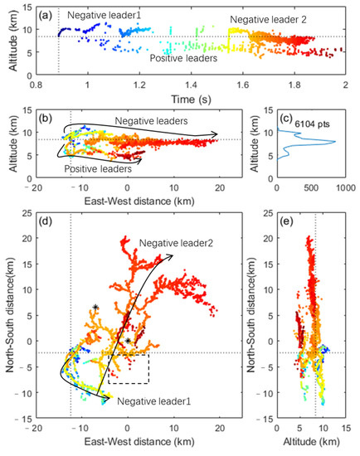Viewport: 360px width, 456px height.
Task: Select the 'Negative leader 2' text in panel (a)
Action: [x=265, y=18]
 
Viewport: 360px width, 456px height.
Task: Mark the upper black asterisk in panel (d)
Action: [x=96, y=308]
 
